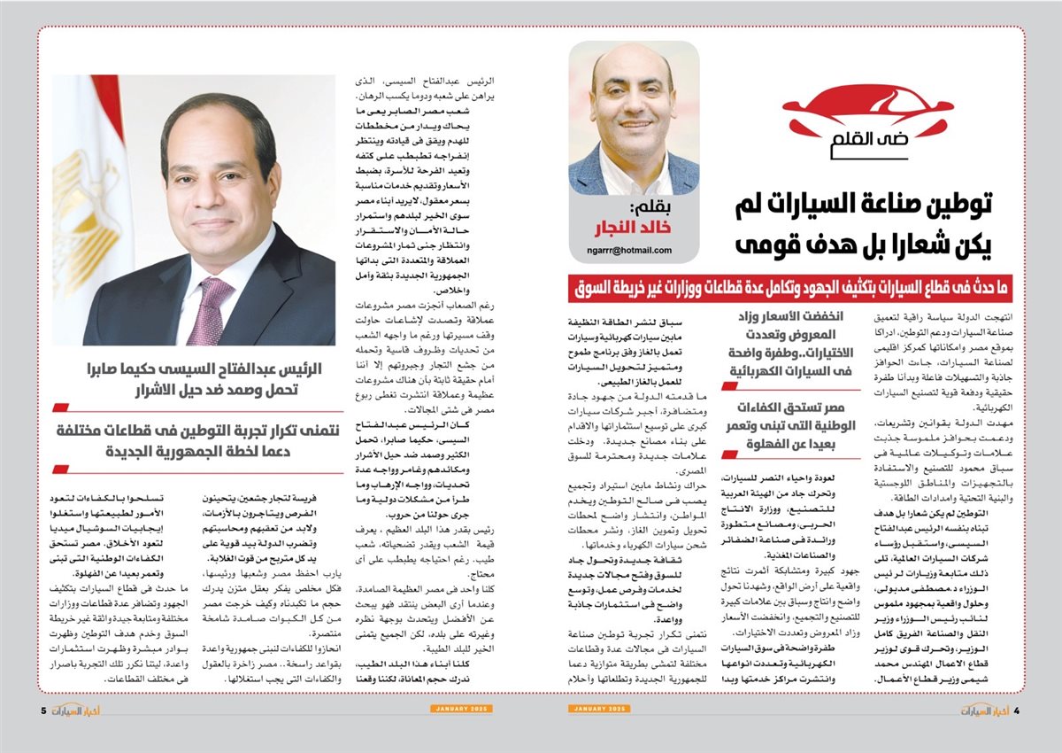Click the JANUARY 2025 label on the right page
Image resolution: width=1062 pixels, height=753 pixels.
pyautogui.click(x=600, y=710)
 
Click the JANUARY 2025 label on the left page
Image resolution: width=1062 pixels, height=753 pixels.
pyautogui.click(x=461, y=710)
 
